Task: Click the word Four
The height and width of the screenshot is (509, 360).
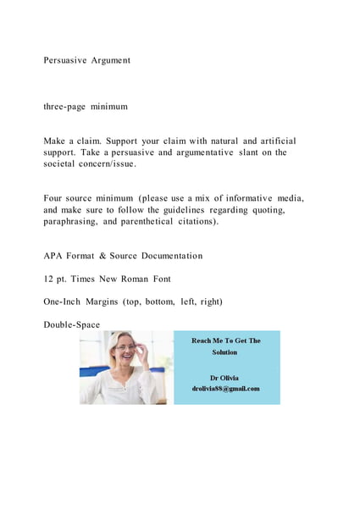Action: pyautogui.click(x=54, y=198)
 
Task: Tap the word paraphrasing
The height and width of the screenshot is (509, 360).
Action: pyautogui.click(x=74, y=222)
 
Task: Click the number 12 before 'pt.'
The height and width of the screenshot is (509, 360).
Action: pyautogui.click(x=49, y=278)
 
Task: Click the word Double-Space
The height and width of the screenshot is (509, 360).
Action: pyautogui.click(x=71, y=324)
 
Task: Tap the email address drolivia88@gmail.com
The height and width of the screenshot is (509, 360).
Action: pyautogui.click(x=225, y=389)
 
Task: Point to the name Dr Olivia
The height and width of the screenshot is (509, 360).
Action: pyautogui.click(x=224, y=378)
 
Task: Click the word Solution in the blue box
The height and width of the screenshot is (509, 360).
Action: pyautogui.click(x=224, y=351)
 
